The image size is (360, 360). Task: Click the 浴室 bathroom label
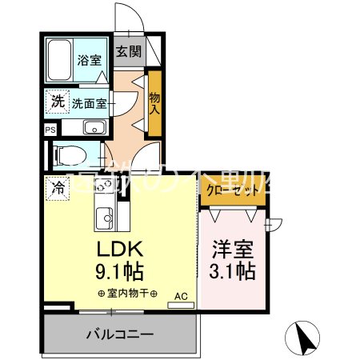click(88, 59)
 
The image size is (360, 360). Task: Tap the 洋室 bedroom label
click(233, 250)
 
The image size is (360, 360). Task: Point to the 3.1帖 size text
click(233, 271)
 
